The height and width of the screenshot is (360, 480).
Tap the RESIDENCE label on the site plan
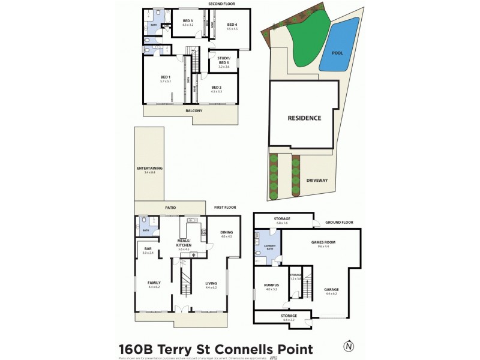[304, 118]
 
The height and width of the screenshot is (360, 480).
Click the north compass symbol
[348, 346]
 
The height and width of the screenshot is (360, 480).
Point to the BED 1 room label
[166, 77]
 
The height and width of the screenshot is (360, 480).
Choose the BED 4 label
[232, 25]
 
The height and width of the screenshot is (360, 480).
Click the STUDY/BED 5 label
[223, 61]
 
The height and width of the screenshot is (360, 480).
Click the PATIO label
[170, 208]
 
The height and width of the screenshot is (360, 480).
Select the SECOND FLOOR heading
[221, 4]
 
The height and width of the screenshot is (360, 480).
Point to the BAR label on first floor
[148, 249]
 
